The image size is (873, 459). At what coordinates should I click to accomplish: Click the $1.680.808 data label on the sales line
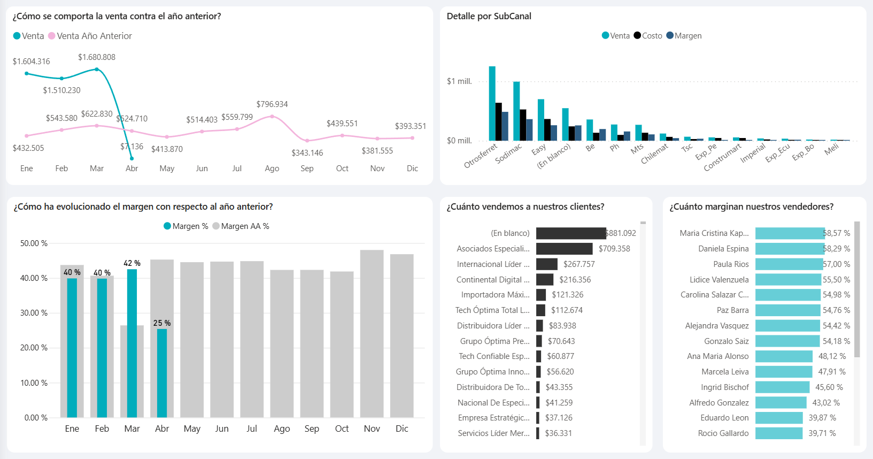[x=96, y=57]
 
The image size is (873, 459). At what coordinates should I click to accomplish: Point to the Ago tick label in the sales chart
[x=272, y=169]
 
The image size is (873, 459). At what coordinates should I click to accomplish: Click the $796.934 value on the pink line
[x=272, y=104]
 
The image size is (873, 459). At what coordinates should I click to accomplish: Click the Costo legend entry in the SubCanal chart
[x=648, y=36]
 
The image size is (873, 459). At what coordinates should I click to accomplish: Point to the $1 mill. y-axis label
[x=459, y=81]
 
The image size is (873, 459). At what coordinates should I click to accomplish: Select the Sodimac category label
[x=508, y=154]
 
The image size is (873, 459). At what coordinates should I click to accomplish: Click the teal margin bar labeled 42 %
[x=132, y=342]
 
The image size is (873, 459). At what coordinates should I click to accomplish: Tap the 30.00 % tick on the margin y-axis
[x=34, y=313]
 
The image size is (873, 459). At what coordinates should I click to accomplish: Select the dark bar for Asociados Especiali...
[x=564, y=249]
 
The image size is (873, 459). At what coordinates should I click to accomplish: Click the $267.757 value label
[x=579, y=264]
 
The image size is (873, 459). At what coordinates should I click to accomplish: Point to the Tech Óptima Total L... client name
[x=492, y=310]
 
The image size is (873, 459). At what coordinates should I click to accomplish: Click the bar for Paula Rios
[x=789, y=264]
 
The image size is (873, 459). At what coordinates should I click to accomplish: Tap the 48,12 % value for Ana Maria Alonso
[x=832, y=356]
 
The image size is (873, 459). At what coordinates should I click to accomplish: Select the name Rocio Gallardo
[x=723, y=433]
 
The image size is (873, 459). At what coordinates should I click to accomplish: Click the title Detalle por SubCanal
[x=489, y=16]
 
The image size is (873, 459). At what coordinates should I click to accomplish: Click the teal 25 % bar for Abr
[x=161, y=373]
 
